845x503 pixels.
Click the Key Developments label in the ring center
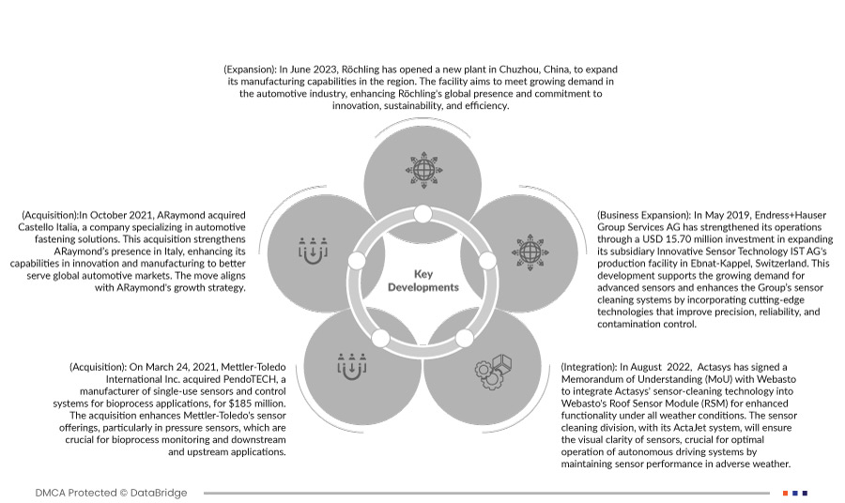tap(422, 281)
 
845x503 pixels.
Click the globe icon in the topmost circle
tap(423, 170)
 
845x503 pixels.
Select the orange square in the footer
tap(785, 493)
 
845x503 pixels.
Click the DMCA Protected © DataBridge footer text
tap(111, 493)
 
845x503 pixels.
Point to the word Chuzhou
tap(493, 69)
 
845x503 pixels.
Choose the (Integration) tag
tap(588, 366)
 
